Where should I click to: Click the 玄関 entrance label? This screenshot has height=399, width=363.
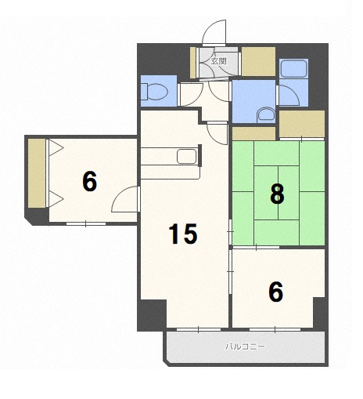point(218,61)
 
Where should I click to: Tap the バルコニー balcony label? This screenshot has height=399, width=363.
point(246,346)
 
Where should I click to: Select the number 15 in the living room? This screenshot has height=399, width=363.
point(183,234)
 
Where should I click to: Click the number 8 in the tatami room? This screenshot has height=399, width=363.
point(277,194)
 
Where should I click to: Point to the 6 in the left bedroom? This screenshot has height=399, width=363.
point(90,181)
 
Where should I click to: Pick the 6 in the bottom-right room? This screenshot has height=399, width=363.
point(276,292)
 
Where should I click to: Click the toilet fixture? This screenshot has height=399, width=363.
point(155,91)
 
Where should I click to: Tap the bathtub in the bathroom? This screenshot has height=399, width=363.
point(293,69)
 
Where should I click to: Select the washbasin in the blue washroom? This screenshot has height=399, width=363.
point(266,114)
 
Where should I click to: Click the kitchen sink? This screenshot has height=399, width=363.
point(186,157)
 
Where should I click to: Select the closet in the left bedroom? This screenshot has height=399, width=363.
point(37,173)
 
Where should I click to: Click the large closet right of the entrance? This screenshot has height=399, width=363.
point(258,62)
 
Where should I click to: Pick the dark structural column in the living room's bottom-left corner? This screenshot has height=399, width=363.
point(152,315)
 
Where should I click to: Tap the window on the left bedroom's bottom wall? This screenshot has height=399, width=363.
point(86,223)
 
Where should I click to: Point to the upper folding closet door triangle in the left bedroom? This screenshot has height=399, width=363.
point(56,148)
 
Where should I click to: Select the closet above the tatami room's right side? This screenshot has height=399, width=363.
point(302,124)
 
